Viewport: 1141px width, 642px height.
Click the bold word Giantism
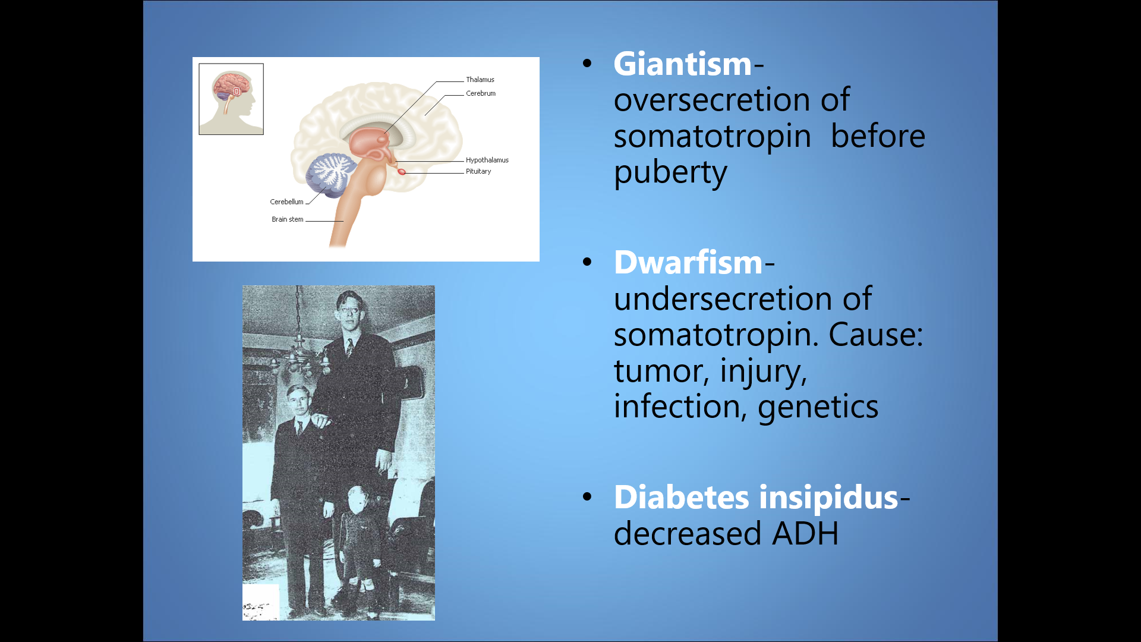point(683,64)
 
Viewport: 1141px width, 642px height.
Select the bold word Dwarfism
point(688,262)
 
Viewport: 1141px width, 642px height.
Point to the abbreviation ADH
point(805,533)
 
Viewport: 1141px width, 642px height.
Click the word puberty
point(670,173)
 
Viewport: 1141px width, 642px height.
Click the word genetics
point(818,408)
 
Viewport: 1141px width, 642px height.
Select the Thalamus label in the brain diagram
point(480,80)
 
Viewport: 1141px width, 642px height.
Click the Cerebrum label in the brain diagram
point(481,93)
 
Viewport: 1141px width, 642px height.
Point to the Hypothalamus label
point(487,160)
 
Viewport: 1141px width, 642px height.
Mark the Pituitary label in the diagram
point(478,171)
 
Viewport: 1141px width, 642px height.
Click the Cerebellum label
point(286,202)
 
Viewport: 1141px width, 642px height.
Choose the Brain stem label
point(288,219)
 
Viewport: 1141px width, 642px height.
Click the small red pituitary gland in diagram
point(402,172)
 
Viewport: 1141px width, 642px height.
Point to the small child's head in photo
point(358,501)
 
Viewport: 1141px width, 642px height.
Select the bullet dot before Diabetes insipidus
point(588,496)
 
